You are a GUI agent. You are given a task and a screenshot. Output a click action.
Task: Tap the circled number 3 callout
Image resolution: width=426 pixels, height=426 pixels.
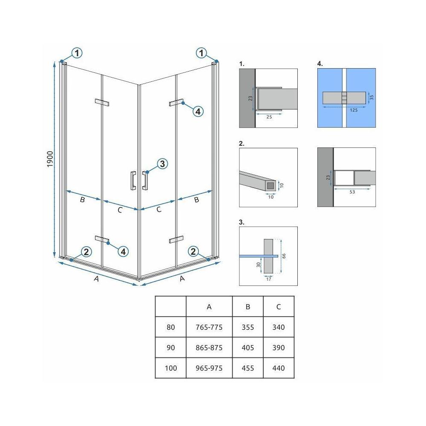point(162,164)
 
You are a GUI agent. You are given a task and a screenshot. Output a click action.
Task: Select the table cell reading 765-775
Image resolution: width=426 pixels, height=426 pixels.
point(209,328)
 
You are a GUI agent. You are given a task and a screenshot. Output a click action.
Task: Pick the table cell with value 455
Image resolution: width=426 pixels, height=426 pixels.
point(248,368)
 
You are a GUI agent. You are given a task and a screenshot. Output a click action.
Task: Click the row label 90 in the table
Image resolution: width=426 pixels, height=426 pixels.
point(170,348)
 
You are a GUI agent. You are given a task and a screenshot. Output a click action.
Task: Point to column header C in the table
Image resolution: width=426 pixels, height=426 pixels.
point(279,307)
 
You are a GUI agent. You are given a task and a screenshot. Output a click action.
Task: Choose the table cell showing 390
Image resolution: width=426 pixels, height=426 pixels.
point(279,348)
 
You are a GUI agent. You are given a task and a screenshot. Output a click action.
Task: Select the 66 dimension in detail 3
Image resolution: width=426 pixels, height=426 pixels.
point(285,256)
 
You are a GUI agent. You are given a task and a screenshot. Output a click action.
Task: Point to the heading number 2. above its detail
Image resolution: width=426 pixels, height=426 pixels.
point(242,144)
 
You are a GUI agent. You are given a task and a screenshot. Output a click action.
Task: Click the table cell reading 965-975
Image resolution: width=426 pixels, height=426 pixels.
point(209,368)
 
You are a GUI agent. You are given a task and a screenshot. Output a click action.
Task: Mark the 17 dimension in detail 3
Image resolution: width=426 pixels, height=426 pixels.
point(268,279)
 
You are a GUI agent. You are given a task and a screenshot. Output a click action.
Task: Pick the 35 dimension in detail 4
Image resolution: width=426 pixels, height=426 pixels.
point(371,97)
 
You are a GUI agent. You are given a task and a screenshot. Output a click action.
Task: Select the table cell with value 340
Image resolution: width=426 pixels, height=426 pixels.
point(279,328)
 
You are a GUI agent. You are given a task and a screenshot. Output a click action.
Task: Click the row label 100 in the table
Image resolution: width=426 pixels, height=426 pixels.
point(170,368)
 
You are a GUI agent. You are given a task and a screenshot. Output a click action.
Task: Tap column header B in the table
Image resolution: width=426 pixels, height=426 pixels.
point(248,307)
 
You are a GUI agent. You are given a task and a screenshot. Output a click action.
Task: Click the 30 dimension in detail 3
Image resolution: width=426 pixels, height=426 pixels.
point(259,265)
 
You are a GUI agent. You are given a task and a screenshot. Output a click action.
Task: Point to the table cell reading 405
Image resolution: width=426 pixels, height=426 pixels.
point(248,348)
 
